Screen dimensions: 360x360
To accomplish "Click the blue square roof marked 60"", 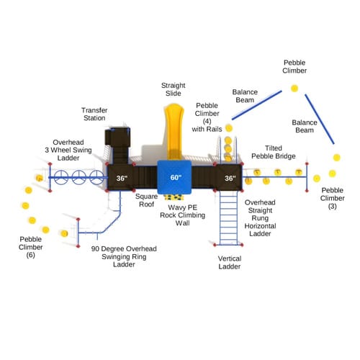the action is coord(174,177).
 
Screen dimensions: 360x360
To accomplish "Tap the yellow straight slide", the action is coord(174,132).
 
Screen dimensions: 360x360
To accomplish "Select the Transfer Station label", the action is coord(94,114).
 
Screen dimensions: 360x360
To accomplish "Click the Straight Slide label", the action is coord(174,89).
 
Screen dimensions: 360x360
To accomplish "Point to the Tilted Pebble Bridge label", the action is coord(274,152).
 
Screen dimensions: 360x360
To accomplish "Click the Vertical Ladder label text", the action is coord(230,262).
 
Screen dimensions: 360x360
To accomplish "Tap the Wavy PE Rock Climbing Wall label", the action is coord(182,215).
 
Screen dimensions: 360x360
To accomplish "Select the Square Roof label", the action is coord(146,200).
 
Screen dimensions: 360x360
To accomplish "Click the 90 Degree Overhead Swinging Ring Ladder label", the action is coord(124,256).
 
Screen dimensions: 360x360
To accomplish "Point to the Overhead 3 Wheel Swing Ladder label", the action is coord(68,150).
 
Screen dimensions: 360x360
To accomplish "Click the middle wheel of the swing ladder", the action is coord(79,177).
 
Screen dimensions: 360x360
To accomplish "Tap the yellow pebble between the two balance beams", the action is coord(294,89).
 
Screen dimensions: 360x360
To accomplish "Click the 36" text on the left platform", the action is coord(122,178).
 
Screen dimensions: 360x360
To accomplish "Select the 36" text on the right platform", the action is coord(230,178).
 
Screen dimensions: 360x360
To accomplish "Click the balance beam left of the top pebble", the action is coord(257,105).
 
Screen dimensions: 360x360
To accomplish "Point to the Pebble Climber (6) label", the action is coord(31,247).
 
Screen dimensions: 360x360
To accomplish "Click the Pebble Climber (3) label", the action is coord(333,198).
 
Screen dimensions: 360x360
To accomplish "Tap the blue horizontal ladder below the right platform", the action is coord(228,218).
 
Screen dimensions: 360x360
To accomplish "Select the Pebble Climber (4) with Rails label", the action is coord(207,117).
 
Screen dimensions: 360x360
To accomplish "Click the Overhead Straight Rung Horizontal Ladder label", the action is coord(260,218).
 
